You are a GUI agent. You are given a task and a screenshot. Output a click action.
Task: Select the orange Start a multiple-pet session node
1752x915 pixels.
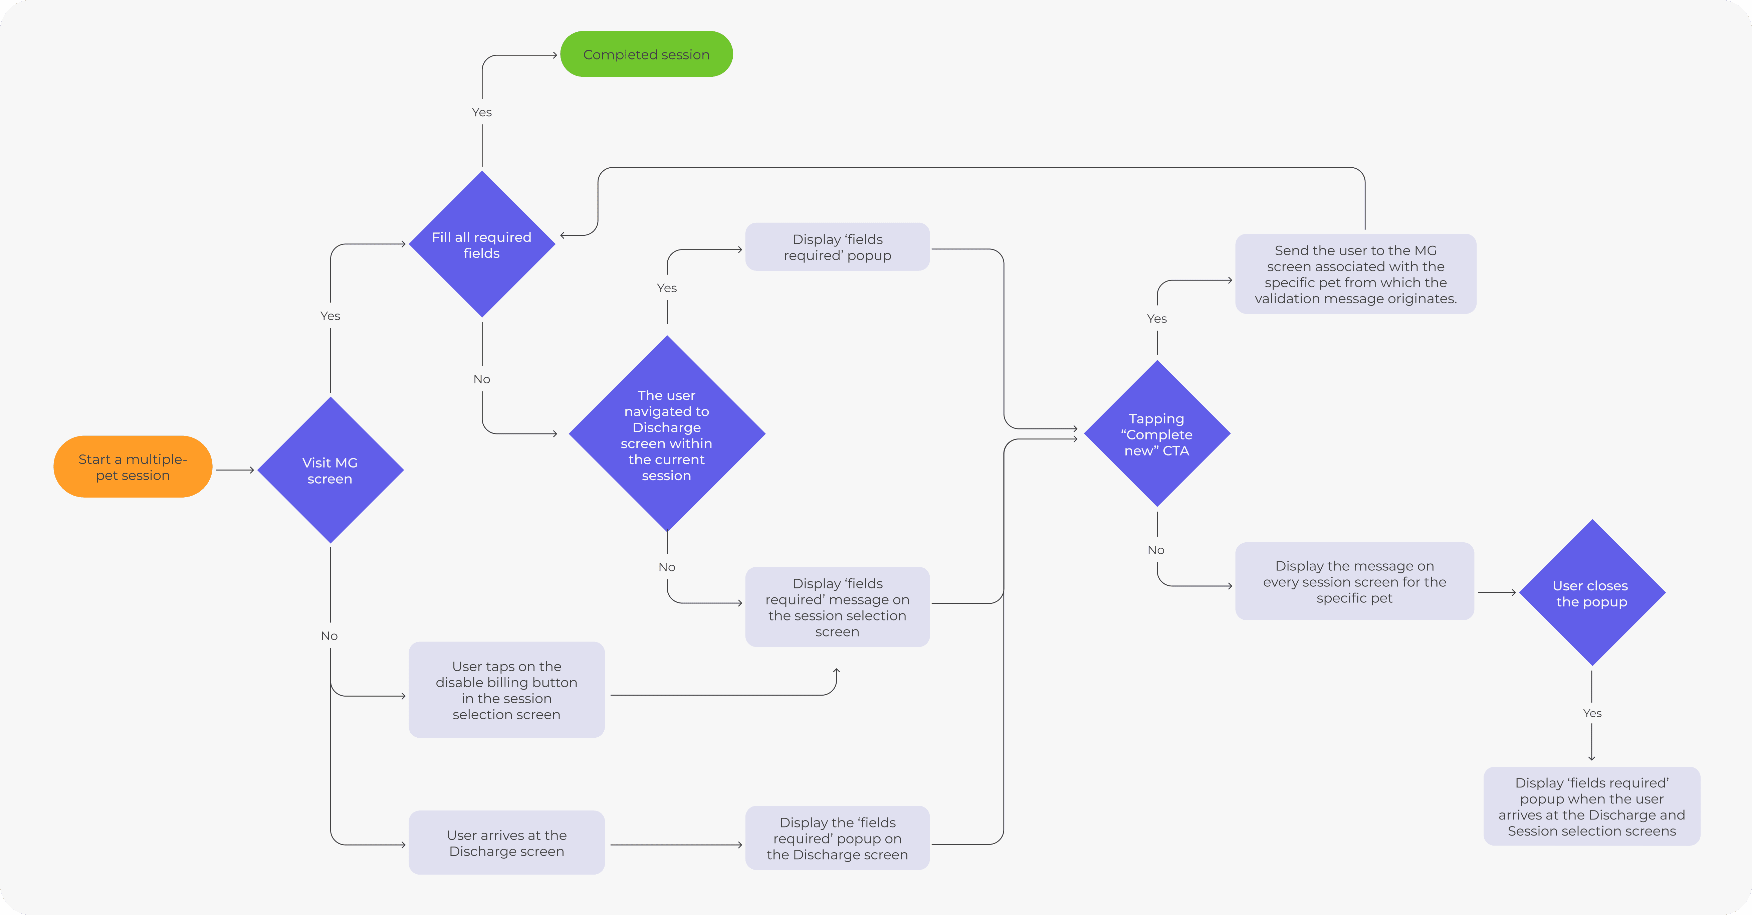(x=133, y=467)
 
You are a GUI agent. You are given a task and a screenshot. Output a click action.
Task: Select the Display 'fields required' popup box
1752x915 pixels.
(x=837, y=247)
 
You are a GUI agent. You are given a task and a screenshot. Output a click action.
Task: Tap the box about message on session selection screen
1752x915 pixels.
(x=837, y=607)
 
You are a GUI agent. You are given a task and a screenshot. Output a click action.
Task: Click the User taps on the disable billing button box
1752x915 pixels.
(x=507, y=690)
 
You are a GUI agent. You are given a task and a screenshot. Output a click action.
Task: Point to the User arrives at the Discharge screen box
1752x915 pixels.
(x=507, y=843)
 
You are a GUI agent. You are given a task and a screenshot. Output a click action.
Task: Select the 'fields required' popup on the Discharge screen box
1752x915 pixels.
(x=837, y=838)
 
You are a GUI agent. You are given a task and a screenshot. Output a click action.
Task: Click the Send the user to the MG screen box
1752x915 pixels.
(x=1355, y=274)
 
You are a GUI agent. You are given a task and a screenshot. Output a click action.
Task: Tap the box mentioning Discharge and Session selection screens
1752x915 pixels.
(x=1591, y=807)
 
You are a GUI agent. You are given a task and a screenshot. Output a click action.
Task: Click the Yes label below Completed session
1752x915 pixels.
(x=481, y=112)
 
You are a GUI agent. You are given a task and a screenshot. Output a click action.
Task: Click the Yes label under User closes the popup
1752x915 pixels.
(x=1592, y=713)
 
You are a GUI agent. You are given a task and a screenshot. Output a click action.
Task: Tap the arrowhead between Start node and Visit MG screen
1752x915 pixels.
(x=252, y=470)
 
